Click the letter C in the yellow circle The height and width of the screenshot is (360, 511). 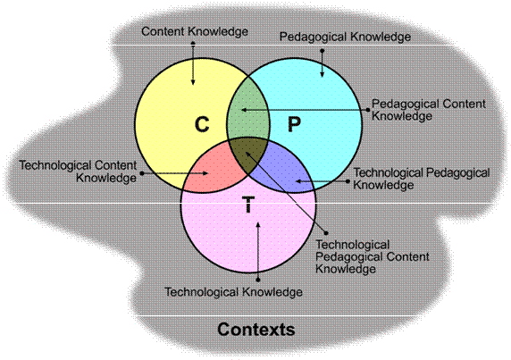(x=202, y=124)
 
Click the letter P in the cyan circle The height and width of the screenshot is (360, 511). (x=294, y=124)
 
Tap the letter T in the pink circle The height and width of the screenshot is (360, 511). (x=248, y=205)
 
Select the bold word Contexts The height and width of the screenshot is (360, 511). (x=256, y=329)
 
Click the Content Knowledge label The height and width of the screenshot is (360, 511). (x=195, y=31)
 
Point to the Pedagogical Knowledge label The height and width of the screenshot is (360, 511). (x=345, y=37)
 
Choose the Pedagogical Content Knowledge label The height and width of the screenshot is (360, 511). (x=429, y=110)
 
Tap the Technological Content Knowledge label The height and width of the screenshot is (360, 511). (x=78, y=172)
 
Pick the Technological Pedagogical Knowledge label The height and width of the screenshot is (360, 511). (x=422, y=179)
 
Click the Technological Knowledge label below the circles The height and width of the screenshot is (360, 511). (x=233, y=292)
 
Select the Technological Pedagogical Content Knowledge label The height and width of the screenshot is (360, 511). (x=373, y=257)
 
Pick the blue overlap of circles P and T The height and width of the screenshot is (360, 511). (x=284, y=170)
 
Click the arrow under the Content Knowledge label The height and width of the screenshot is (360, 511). (x=193, y=63)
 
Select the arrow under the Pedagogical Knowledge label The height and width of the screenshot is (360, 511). (x=322, y=63)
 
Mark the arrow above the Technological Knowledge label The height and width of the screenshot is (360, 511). (x=258, y=251)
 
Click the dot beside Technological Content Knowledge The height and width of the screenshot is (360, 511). (x=142, y=173)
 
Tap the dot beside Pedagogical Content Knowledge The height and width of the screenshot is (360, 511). (x=369, y=110)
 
